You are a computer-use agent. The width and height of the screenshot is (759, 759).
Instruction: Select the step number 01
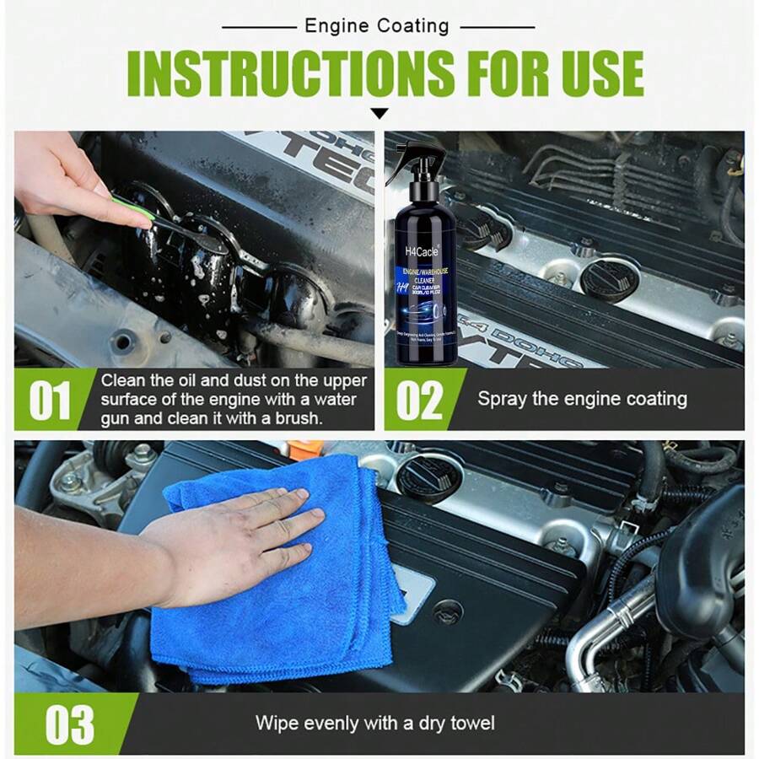50,401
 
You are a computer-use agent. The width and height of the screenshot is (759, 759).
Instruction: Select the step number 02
419,401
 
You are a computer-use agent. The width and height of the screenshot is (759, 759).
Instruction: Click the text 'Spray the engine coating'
582,399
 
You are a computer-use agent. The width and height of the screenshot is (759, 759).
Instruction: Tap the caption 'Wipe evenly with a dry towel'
375,724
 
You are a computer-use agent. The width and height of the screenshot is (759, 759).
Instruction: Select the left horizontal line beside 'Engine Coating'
258,27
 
